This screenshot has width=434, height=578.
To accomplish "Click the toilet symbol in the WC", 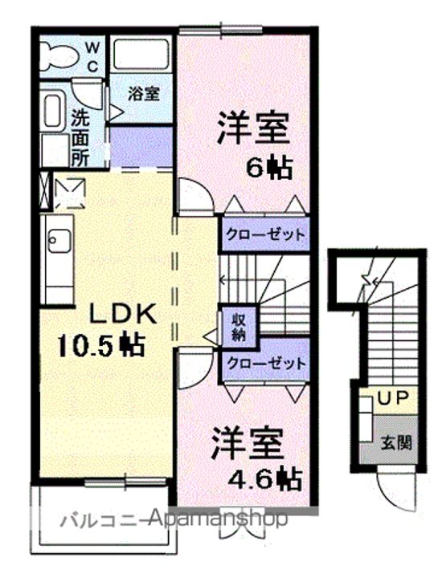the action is click(59, 56).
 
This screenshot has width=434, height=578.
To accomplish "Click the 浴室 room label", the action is click(144, 94).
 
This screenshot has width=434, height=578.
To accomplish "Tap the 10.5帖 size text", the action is click(100, 345).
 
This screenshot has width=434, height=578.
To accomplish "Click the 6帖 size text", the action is click(269, 167).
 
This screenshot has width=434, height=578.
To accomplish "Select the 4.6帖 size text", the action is click(265, 478).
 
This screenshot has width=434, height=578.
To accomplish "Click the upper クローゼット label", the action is click(266, 234).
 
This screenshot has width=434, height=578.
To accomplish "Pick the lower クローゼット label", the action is click(267, 364).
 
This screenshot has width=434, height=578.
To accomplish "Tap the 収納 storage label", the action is click(239, 327).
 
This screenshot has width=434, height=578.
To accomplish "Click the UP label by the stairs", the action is click(393, 397).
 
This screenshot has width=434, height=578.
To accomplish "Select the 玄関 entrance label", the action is click(396, 442).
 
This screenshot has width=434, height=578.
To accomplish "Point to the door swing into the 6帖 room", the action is click(194, 196).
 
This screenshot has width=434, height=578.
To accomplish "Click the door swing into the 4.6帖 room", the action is click(195, 368).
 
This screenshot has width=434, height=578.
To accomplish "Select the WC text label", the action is click(93, 56).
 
